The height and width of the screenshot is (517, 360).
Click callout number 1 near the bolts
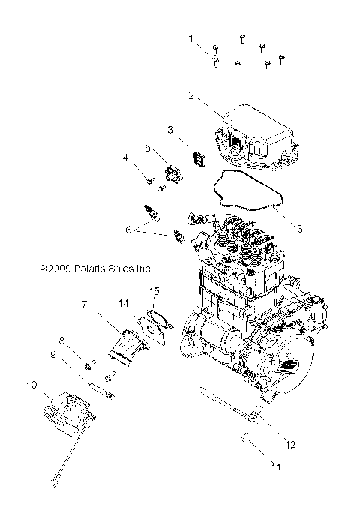[x=190, y=37]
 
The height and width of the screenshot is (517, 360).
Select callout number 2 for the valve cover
[x=191, y=95]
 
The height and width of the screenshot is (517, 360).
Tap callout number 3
[x=170, y=130]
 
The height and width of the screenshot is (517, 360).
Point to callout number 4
[x=126, y=157]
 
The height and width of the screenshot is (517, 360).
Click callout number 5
[x=148, y=147]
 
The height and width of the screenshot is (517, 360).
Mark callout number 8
[x=63, y=341]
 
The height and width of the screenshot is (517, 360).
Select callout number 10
[x=31, y=385]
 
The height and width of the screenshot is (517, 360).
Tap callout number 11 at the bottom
[x=275, y=467]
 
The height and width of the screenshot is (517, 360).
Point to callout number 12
[x=290, y=444]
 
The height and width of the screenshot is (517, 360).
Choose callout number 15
[x=154, y=290]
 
